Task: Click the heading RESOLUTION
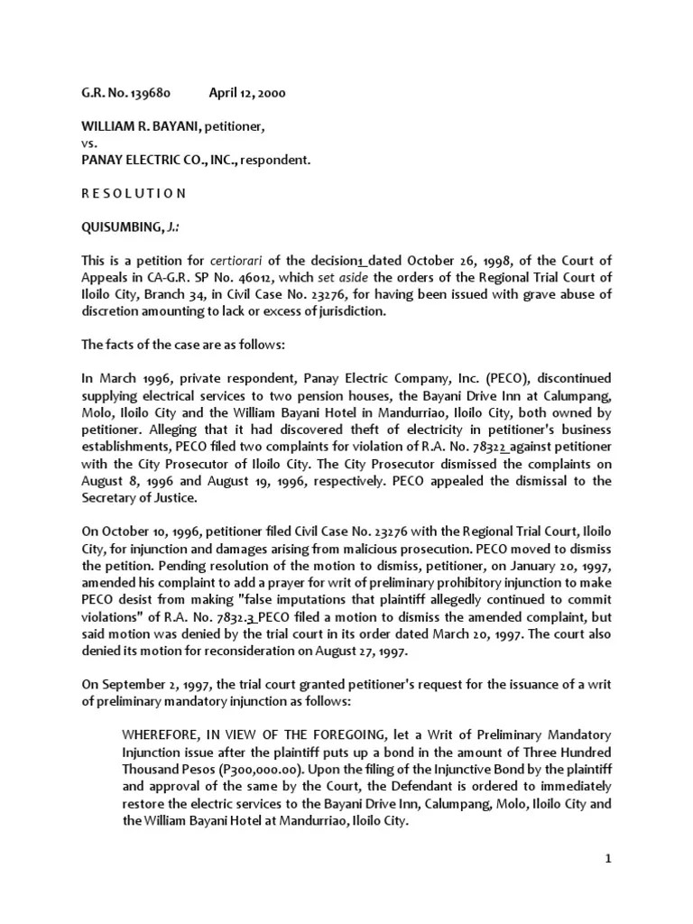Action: click(133, 192)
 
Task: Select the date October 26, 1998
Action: click(430, 260)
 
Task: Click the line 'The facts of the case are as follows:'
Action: click(180, 344)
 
